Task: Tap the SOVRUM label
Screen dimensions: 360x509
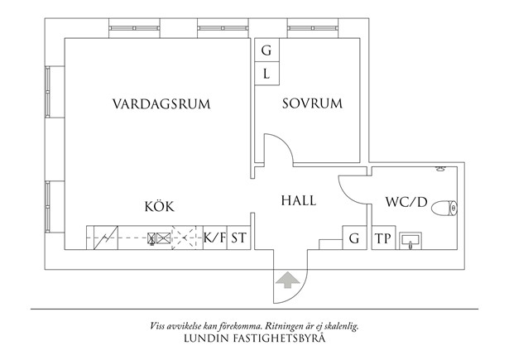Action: [x=311, y=104]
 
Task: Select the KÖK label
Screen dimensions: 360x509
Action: [x=159, y=207]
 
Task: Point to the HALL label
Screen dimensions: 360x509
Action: [x=300, y=200]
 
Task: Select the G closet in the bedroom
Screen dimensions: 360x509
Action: [x=267, y=50]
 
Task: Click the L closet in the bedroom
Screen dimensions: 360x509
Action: [x=267, y=74]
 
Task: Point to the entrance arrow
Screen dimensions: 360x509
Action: [x=287, y=281]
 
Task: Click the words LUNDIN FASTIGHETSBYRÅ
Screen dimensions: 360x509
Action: [x=255, y=339]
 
